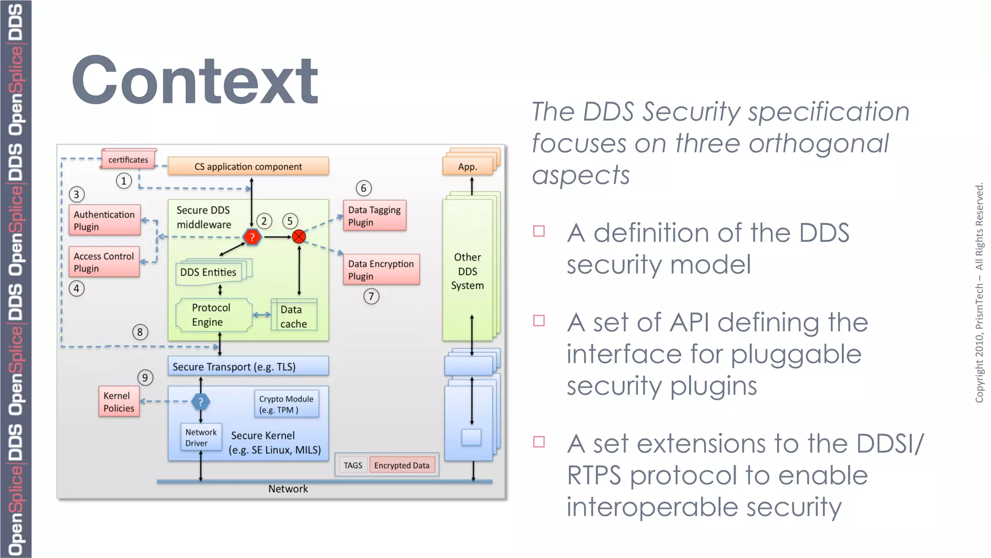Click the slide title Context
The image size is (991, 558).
[x=195, y=80]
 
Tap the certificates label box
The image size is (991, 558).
[x=128, y=159]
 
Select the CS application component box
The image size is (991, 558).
[x=248, y=166]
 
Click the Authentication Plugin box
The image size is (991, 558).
[x=105, y=220]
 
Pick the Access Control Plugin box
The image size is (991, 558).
[x=104, y=262]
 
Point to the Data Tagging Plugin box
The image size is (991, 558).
[x=374, y=216]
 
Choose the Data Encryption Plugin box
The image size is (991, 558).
[x=381, y=270]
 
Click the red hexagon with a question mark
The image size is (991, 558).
[x=252, y=237]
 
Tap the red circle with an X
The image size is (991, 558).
[x=299, y=236]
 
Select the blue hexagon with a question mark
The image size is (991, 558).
[x=200, y=402]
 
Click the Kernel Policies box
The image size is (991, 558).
[x=119, y=402]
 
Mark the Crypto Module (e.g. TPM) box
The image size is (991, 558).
[x=286, y=404]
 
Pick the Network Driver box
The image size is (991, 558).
[x=201, y=437]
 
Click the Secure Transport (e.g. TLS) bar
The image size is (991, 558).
[x=248, y=367]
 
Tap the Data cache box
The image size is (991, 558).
[x=294, y=316]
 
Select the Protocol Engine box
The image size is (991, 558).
[x=211, y=315]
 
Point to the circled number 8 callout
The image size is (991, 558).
[x=140, y=332]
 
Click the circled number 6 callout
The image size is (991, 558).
[x=363, y=188]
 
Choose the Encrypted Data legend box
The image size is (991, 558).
[x=402, y=465]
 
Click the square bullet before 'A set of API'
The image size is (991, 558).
[x=539, y=321]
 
